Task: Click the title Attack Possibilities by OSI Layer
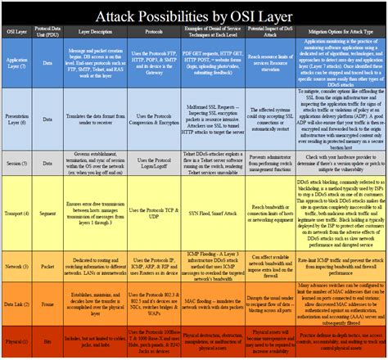click(194, 17)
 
